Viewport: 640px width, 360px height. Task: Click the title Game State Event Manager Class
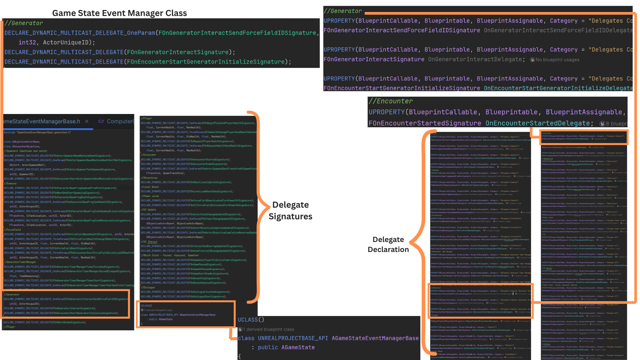coord(119,13)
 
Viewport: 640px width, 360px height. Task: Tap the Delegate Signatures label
coord(290,211)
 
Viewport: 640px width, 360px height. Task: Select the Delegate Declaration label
coord(388,244)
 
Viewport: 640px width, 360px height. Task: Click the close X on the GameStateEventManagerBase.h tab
coord(87,121)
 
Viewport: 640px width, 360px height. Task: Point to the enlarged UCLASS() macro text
coord(251,320)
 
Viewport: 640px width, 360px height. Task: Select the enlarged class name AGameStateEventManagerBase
coord(375,338)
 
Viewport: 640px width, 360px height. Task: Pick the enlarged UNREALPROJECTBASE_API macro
coord(293,338)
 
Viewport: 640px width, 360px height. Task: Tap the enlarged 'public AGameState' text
coord(286,347)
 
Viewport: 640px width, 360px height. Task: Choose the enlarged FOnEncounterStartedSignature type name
coord(425,123)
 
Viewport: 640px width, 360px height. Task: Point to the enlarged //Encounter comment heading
coord(391,101)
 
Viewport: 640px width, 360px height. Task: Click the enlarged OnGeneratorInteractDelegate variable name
coord(476,59)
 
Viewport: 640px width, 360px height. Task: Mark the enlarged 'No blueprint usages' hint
coord(557,60)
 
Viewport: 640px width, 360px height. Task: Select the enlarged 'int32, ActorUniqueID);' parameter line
coord(57,42)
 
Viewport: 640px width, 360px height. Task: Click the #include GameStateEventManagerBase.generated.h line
coord(37,133)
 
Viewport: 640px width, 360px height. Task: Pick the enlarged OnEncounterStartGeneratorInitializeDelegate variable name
coord(558,88)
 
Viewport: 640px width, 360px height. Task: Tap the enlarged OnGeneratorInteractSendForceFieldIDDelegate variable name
coord(558,30)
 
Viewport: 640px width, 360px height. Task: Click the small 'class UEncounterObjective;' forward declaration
coord(22,146)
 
